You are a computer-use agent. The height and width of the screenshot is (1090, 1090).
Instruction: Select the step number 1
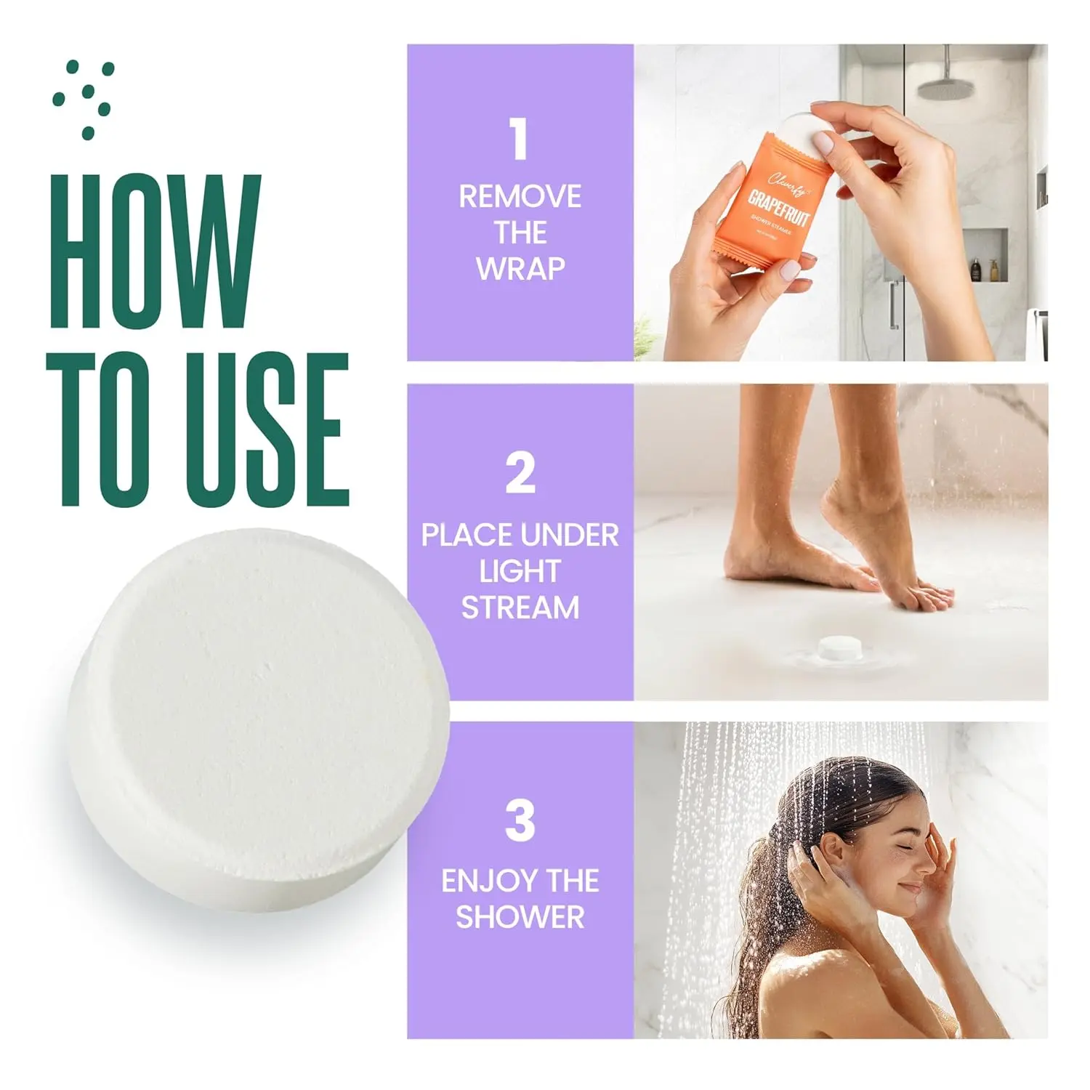519,140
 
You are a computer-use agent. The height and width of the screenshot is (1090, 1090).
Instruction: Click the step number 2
520,473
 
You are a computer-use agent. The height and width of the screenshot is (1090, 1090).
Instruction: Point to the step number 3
520,821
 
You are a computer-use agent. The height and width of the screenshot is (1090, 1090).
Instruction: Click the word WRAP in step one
520,269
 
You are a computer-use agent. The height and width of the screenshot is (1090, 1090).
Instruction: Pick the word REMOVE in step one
520,197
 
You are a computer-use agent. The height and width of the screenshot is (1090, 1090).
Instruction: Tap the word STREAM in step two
520,607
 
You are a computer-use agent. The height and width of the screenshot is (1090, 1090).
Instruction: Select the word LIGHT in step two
520,572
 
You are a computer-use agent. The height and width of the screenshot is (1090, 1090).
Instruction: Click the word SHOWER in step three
520,917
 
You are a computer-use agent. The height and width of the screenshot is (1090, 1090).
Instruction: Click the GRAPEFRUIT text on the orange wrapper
779,207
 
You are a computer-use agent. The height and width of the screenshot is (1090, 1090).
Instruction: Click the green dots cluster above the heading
84,98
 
